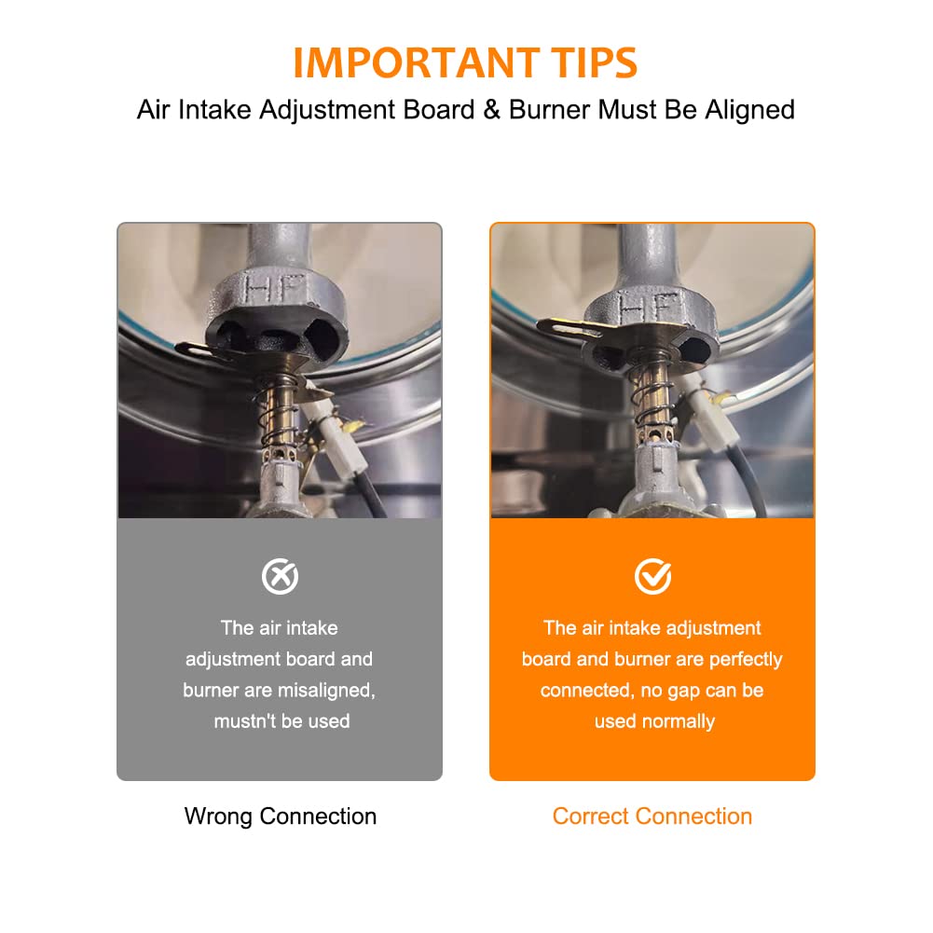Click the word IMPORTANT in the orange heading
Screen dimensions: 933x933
(416, 62)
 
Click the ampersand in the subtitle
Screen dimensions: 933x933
(491, 109)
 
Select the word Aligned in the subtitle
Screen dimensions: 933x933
(749, 110)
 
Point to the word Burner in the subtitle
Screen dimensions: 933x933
(550, 109)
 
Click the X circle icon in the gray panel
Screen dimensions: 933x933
(280, 576)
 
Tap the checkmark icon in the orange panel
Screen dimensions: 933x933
(652, 576)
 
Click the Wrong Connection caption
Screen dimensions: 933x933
(281, 816)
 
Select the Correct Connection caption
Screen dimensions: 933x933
(652, 816)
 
